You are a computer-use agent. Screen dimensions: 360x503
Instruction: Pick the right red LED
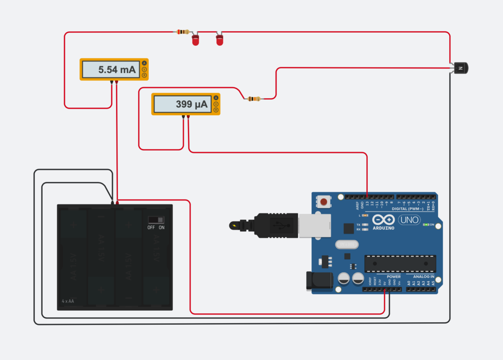point(219,39)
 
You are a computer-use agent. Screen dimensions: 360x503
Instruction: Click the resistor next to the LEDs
point(182,32)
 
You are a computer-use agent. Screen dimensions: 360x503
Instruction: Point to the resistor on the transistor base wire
point(252,99)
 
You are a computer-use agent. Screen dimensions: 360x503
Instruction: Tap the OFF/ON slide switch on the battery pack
point(156,220)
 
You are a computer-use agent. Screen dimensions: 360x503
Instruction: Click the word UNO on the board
point(409,220)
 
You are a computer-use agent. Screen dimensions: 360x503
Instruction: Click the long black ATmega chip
point(400,263)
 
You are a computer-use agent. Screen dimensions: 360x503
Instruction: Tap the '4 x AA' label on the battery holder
point(68,301)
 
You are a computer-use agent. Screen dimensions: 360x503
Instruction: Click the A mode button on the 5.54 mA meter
point(145,63)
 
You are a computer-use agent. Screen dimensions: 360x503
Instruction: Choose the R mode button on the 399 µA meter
point(216,110)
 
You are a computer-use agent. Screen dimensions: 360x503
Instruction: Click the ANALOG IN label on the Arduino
point(424,276)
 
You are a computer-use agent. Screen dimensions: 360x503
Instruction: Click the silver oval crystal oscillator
point(346,244)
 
